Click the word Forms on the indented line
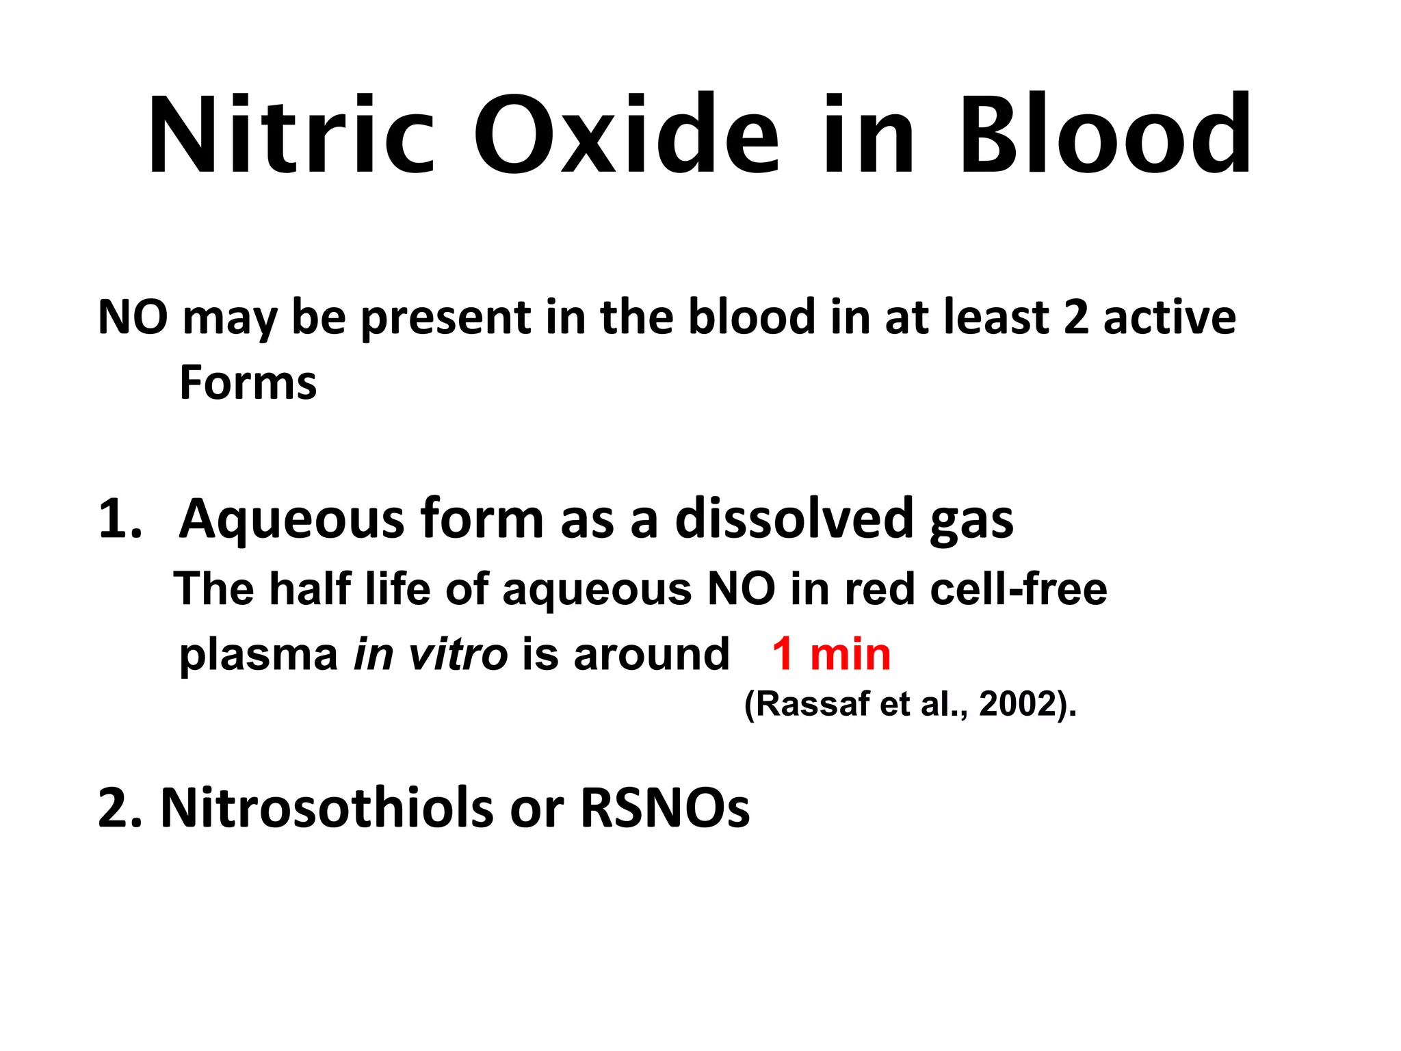click(x=248, y=383)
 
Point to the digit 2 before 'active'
click(x=1076, y=317)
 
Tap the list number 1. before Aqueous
click(x=120, y=519)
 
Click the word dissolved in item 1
click(x=794, y=519)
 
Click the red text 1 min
click(x=831, y=654)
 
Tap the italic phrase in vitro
click(x=430, y=654)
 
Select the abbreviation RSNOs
click(x=665, y=808)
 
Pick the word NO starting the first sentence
click(x=133, y=317)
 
